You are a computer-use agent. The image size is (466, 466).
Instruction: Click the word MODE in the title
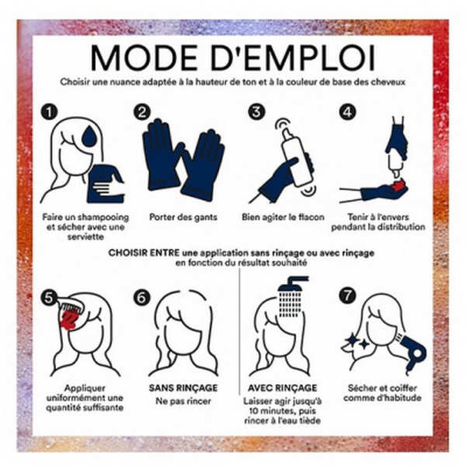(141, 57)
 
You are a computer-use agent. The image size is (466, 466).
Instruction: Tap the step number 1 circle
(49, 112)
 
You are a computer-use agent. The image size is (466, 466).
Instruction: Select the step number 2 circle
(142, 112)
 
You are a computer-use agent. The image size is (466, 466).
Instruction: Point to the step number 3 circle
(256, 112)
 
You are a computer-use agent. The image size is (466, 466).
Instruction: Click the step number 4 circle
(347, 112)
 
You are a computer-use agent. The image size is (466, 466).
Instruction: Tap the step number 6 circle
(141, 297)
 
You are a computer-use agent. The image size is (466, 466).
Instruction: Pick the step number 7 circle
(348, 295)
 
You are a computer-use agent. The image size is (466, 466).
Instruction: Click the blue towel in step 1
(106, 184)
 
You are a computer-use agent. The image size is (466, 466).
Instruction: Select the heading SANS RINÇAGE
(183, 388)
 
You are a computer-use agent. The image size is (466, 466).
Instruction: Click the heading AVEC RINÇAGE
(283, 388)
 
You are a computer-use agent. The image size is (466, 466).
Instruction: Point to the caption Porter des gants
(183, 217)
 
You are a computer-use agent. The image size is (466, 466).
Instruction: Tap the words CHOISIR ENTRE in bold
(144, 253)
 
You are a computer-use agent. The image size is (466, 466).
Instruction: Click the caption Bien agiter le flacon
(283, 217)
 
